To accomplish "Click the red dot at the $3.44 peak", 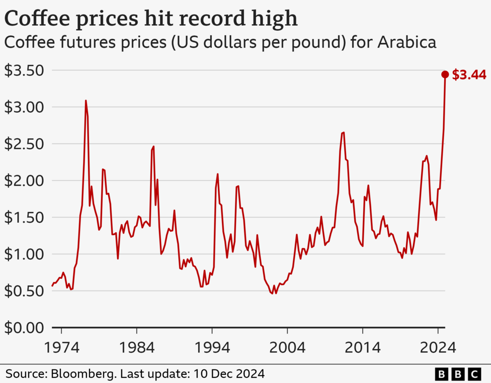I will pyautogui.click(x=445, y=74).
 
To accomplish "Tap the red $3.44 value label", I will pyautogui.click(x=469, y=75).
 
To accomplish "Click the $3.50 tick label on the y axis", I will pyautogui.click(x=24, y=70).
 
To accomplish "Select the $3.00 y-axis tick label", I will pyautogui.click(x=24, y=107).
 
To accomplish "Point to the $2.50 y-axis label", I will pyautogui.click(x=24, y=144).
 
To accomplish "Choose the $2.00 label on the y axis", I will pyautogui.click(x=24, y=180).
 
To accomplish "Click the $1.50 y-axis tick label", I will pyautogui.click(x=24, y=218).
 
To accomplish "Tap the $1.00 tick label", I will pyautogui.click(x=24, y=254).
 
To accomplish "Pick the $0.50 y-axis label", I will pyautogui.click(x=24, y=291).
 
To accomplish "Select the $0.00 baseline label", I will pyautogui.click(x=24, y=328).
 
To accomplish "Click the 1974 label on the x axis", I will pyautogui.click(x=61, y=348).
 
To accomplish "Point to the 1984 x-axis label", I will pyautogui.click(x=136, y=348).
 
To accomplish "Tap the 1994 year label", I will pyautogui.click(x=212, y=348).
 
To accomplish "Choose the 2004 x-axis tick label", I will pyautogui.click(x=287, y=348).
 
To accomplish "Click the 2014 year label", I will pyautogui.click(x=362, y=348).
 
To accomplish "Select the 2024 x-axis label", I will pyautogui.click(x=437, y=348).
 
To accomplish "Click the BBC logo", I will pyautogui.click(x=457, y=374).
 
